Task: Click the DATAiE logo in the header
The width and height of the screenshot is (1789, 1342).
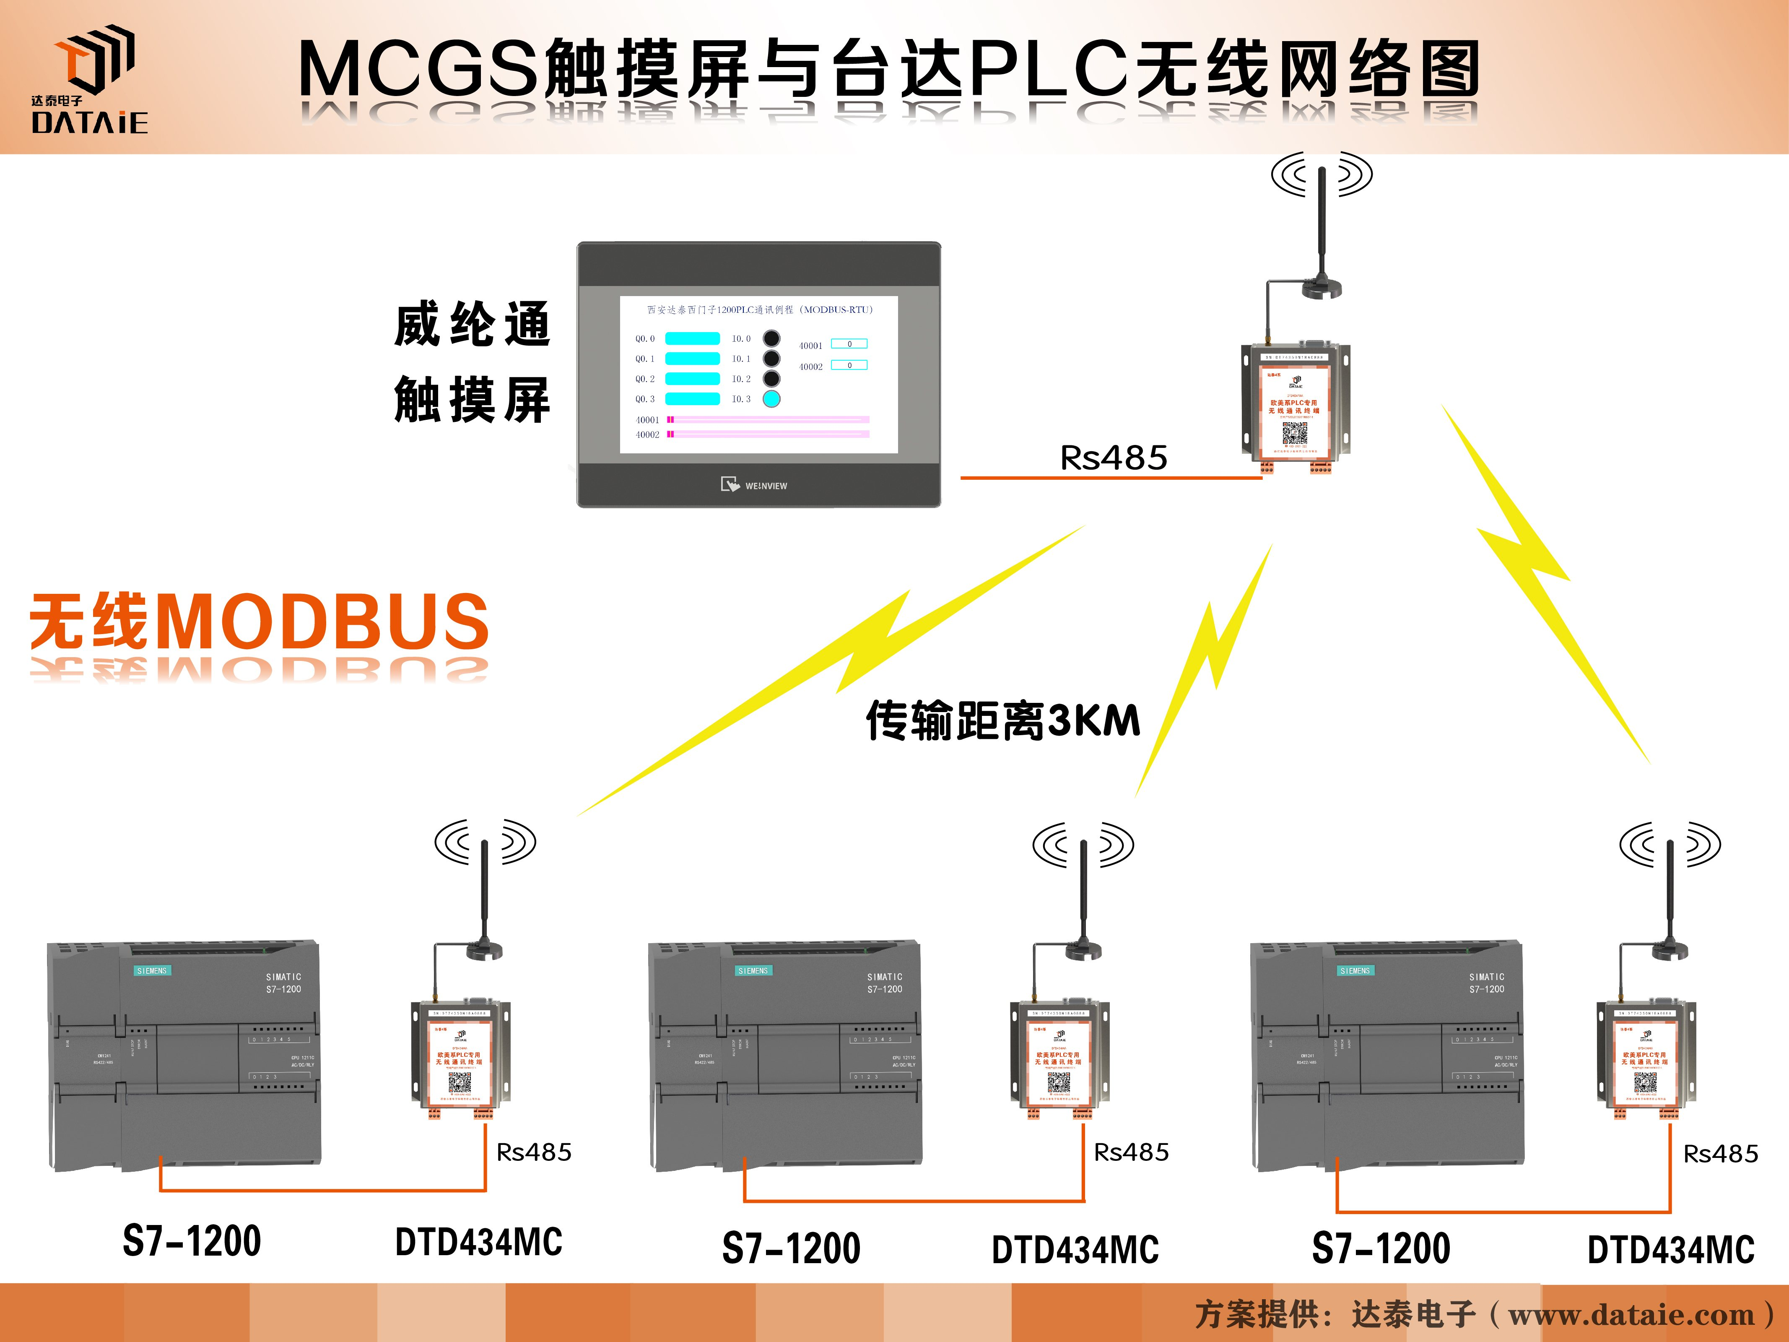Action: pos(90,79)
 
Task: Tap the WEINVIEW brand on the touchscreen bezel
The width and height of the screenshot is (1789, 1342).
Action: pos(755,485)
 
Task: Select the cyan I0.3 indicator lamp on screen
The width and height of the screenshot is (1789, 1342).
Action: pos(771,399)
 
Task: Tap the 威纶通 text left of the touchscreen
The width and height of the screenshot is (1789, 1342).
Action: pos(473,324)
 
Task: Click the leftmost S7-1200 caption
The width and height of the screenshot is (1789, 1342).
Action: pos(192,1241)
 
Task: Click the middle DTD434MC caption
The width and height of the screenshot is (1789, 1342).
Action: pos(1075,1249)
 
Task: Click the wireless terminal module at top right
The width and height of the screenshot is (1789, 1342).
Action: pos(1295,408)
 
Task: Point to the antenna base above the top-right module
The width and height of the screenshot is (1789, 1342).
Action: pos(1322,289)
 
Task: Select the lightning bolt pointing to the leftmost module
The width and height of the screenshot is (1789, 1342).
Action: pos(833,671)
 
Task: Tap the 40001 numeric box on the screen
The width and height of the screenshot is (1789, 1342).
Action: pos(849,344)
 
